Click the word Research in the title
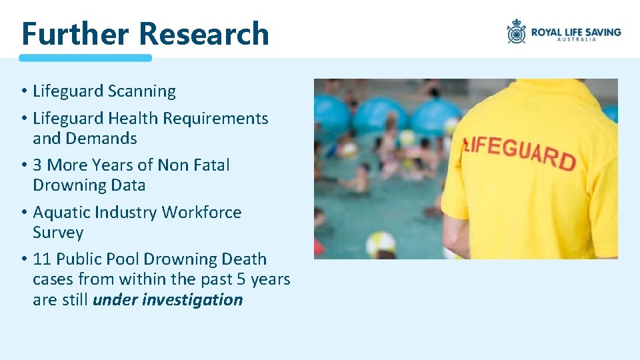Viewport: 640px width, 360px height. click(204, 33)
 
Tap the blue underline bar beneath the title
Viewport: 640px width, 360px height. click(85, 58)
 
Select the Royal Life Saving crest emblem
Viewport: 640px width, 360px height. click(517, 31)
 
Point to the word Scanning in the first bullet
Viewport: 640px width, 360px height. click(141, 91)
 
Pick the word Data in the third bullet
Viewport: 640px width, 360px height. click(129, 185)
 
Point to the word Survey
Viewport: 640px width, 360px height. click(58, 233)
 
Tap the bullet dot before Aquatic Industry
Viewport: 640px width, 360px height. click(23, 213)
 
